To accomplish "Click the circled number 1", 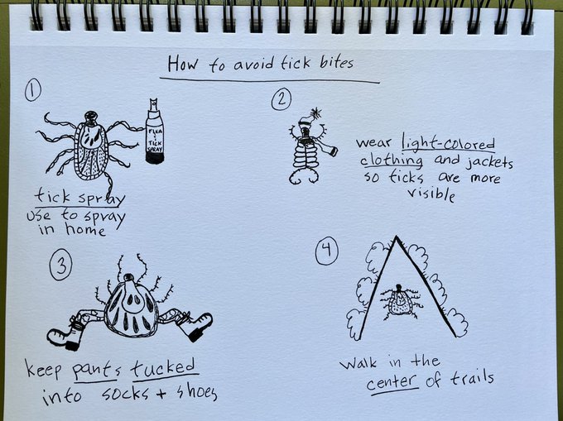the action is pos(32,90).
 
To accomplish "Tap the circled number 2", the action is pos(281,99).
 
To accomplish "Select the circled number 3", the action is pos(60,265).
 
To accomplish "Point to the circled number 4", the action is pos(327,251).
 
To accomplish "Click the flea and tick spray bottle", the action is pos(155,132).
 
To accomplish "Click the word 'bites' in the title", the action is pos(336,63).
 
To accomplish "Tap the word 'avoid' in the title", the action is pos(253,65).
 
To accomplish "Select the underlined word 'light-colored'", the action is pos(448,143).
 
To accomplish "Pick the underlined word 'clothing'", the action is pos(392,160).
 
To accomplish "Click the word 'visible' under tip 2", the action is pos(431,194).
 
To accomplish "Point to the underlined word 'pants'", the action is pos(95,371).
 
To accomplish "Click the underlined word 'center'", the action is pos(393,383).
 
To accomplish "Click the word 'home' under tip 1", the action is pos(85,229).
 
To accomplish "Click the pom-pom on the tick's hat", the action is pos(316,113).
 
